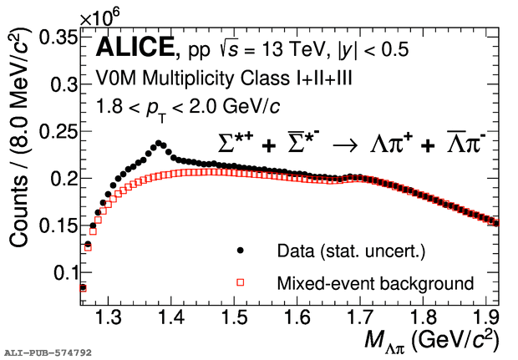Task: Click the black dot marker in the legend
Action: tap(241, 250)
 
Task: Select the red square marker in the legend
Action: tap(241, 283)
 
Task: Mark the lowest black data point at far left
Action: tap(83, 286)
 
